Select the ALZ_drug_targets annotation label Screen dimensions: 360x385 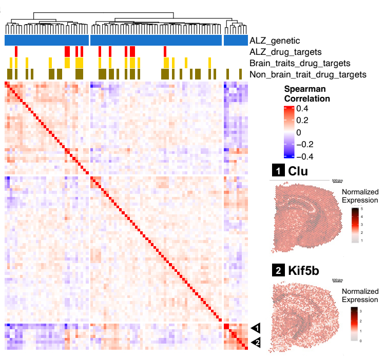pos(285,52)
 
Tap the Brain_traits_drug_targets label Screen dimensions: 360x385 pos(299,63)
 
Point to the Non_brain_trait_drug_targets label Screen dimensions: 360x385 pos(307,74)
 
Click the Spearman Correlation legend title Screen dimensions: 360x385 pos(307,93)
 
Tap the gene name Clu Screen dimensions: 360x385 pos(298,171)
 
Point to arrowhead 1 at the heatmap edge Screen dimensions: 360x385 pos(255,327)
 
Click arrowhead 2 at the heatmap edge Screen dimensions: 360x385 pos(255,343)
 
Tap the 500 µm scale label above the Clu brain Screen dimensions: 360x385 pos(337,181)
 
